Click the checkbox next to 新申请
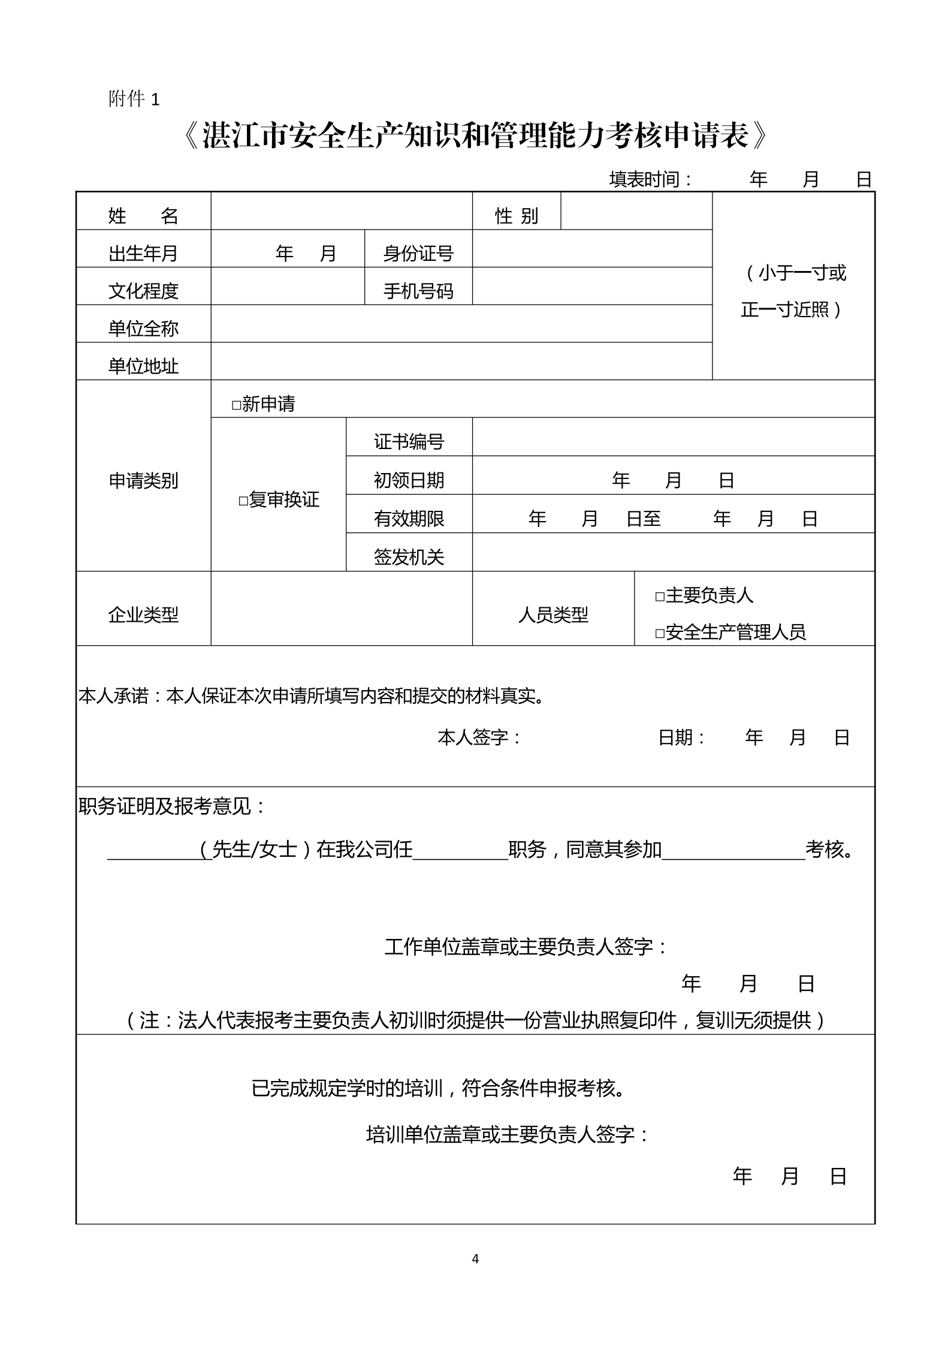click(x=236, y=405)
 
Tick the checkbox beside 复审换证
click(x=243, y=501)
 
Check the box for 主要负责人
click(x=660, y=597)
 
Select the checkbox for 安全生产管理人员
click(x=660, y=633)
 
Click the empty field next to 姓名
click(x=341, y=211)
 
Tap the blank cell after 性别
click(x=636, y=211)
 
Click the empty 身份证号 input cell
click(x=591, y=249)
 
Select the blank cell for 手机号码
click(x=591, y=286)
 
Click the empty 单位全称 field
click(x=461, y=324)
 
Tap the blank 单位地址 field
click(x=461, y=362)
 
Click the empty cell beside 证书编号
click(x=673, y=437)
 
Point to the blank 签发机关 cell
click(x=673, y=552)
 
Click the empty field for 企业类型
click(x=341, y=609)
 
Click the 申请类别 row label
click(x=143, y=481)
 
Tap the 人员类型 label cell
click(x=553, y=615)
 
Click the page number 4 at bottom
click(x=475, y=1258)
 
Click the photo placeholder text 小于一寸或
click(x=795, y=273)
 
